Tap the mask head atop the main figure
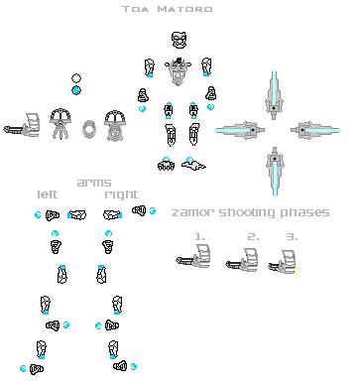pos(179,41)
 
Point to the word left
pos(49,193)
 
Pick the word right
pos(121,193)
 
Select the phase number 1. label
pos(199,236)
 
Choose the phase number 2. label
pos(253,236)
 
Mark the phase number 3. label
pos(291,236)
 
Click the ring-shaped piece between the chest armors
pos(90,128)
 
